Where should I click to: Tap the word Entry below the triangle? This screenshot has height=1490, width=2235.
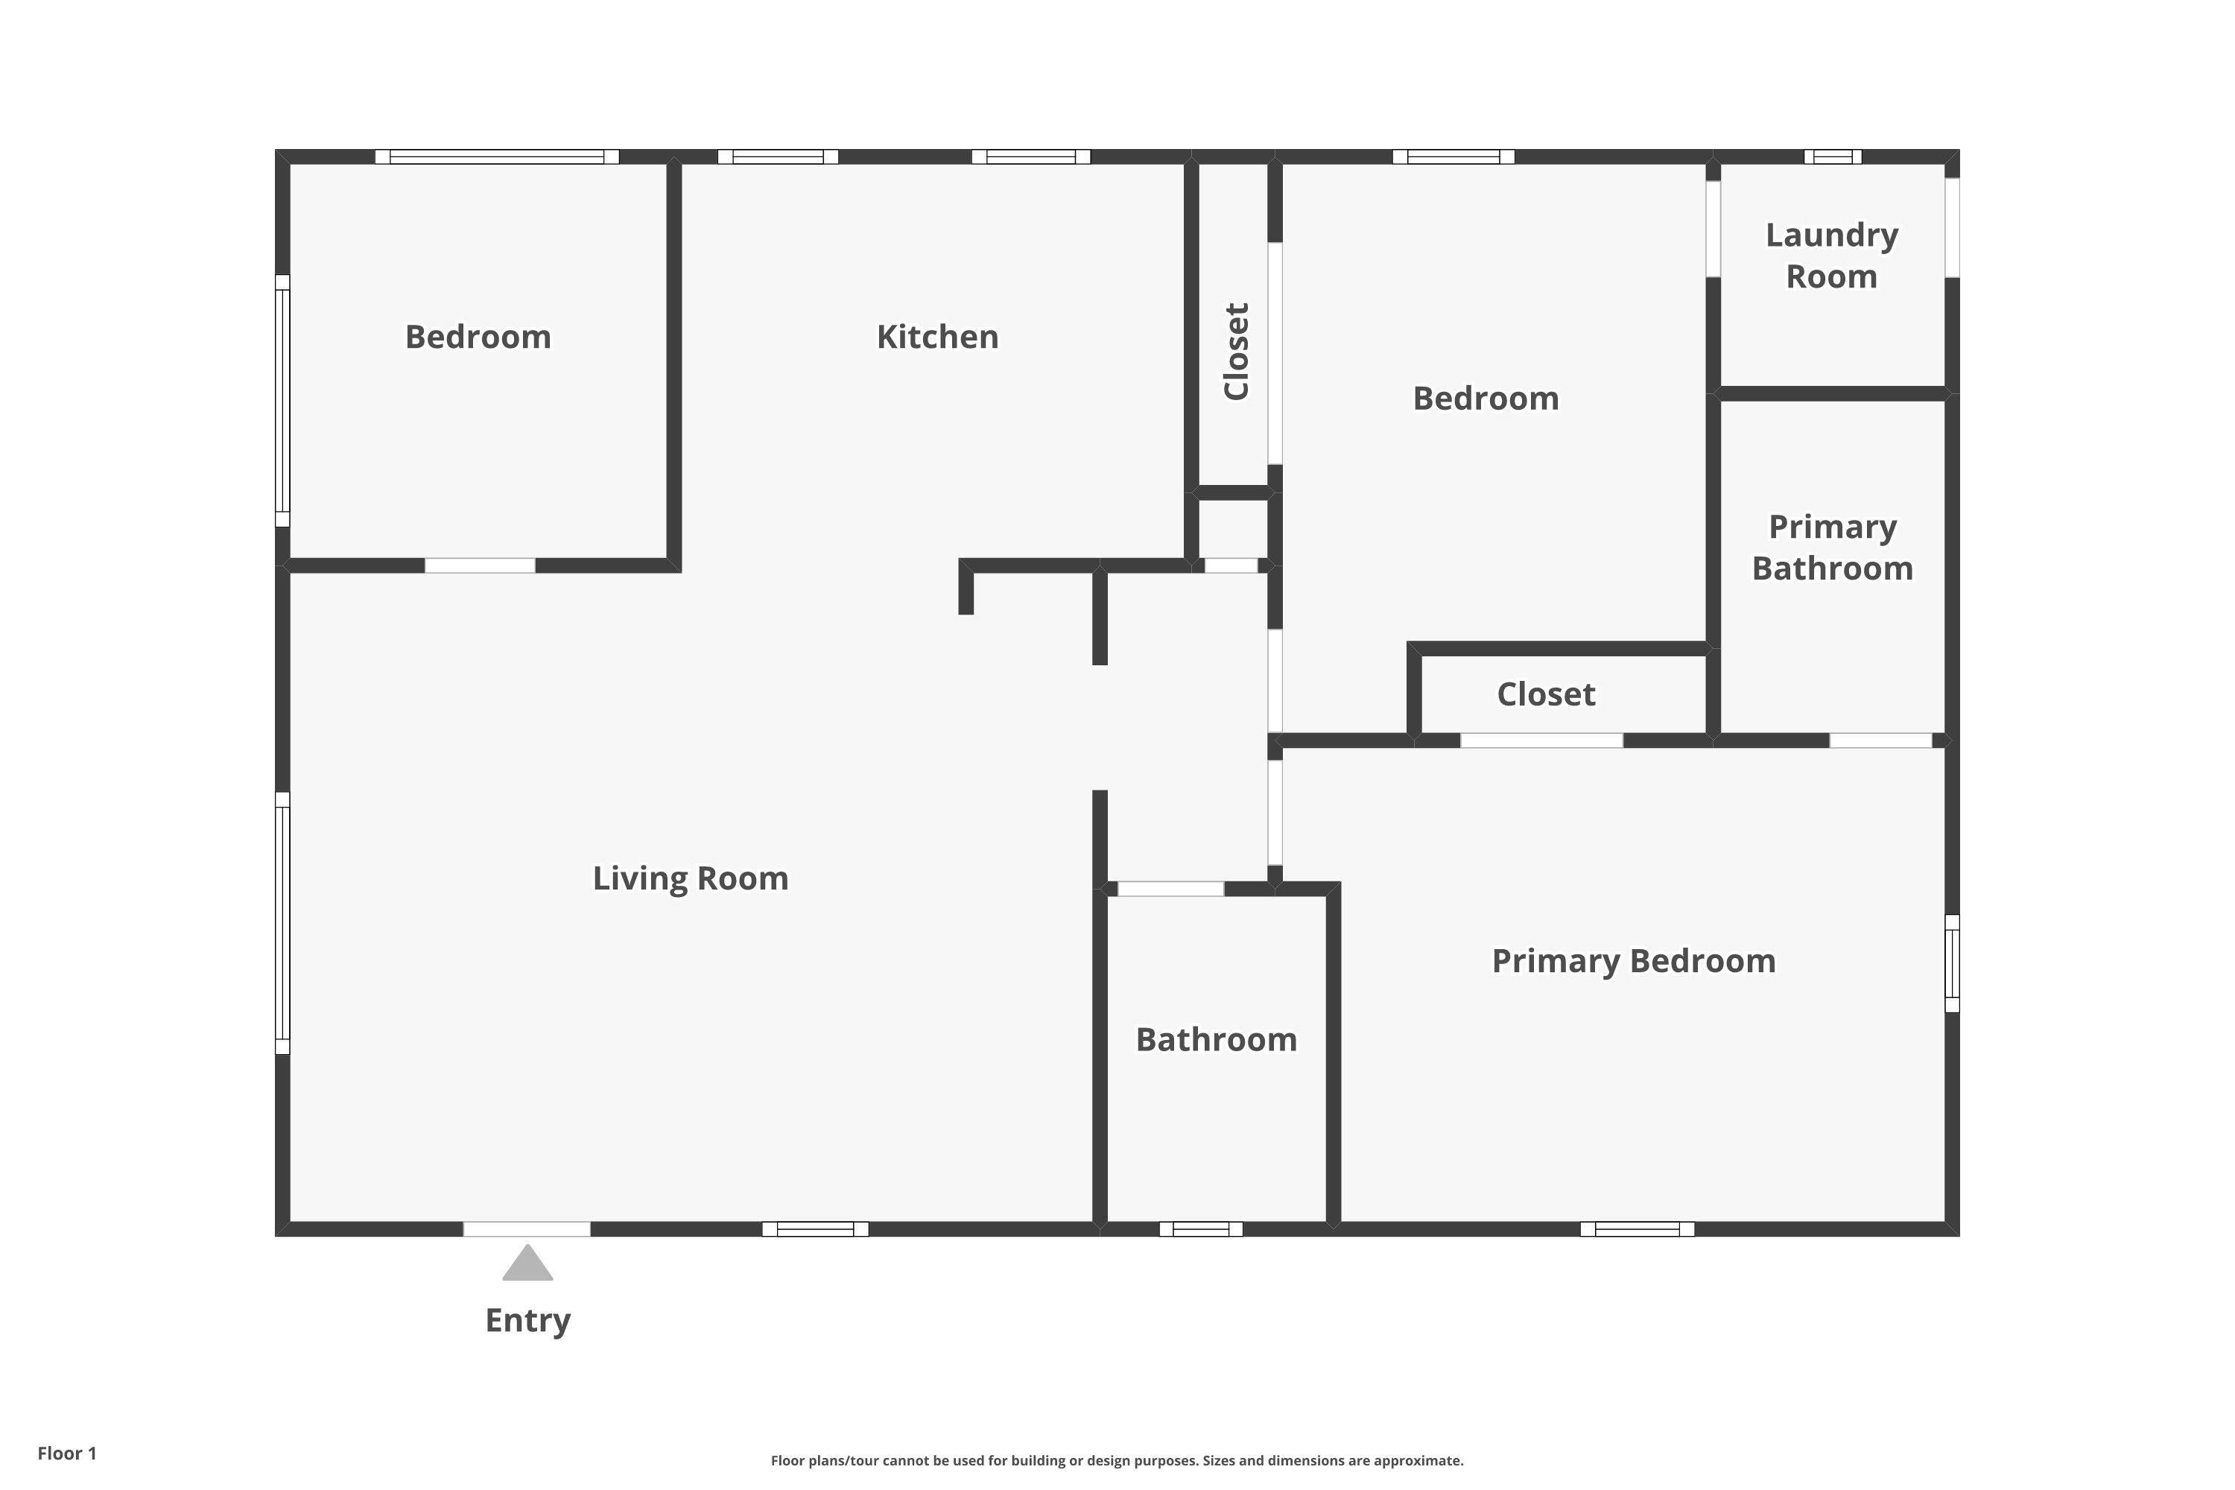[527, 1321]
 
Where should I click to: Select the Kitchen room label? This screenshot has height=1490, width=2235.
[937, 337]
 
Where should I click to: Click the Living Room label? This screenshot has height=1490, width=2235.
[691, 878]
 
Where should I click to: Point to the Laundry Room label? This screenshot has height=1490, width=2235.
[1832, 256]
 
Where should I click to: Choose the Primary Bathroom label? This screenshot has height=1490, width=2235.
[1832, 548]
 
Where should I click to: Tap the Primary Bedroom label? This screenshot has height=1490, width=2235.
[1634, 961]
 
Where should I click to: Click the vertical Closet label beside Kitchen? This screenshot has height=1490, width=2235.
[1235, 352]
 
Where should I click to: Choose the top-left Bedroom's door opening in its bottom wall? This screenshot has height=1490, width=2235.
[480, 565]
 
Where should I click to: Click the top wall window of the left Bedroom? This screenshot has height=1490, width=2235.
[497, 156]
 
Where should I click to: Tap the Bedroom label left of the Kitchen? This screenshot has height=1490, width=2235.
[478, 337]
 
